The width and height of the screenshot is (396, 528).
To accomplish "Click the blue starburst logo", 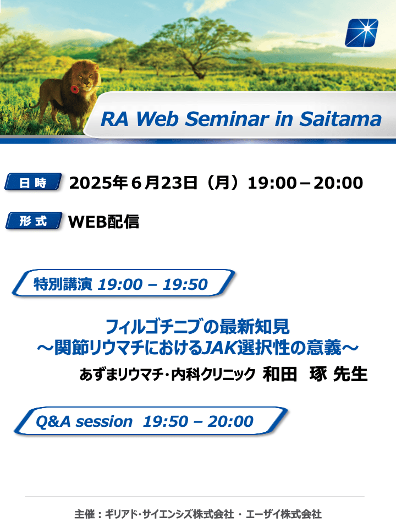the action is pyautogui.click(x=361, y=32).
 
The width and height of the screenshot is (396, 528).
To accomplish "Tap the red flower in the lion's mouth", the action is pyautogui.click(x=74, y=89).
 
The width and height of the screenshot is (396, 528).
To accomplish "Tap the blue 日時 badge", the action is pyautogui.click(x=33, y=182).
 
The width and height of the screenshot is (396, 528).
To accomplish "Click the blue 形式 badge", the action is pyautogui.click(x=34, y=221).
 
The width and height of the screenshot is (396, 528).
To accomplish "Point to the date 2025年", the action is pyautogui.click(x=98, y=183).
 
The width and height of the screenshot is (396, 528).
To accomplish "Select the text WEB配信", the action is pyautogui.click(x=104, y=222).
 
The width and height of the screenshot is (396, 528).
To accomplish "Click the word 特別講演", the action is pyautogui.click(x=63, y=284).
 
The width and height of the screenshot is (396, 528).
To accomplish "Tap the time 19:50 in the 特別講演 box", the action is pyautogui.click(x=185, y=284).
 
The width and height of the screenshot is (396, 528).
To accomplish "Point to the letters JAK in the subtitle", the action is pyautogui.click(x=219, y=348).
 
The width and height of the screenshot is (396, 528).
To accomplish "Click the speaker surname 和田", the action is pyautogui.click(x=280, y=374).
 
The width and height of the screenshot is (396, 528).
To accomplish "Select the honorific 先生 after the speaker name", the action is pyautogui.click(x=350, y=374).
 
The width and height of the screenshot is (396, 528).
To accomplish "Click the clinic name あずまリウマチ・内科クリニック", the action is pyautogui.click(x=167, y=375).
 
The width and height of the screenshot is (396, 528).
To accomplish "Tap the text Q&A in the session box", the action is pyautogui.click(x=53, y=421).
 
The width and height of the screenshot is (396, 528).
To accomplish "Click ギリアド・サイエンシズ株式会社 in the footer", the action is pyautogui.click(x=169, y=514).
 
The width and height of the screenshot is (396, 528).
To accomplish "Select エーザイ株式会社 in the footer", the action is pyautogui.click(x=284, y=514).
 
